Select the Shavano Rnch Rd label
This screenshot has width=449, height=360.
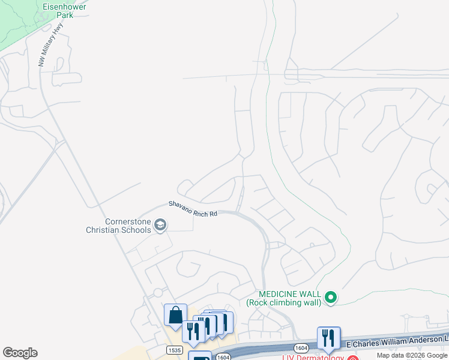coord(192,208)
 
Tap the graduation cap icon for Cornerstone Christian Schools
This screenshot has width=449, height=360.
coord(160,225)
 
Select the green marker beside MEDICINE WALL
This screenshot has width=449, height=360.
coord(330,296)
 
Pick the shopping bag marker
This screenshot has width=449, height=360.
coord(175,315)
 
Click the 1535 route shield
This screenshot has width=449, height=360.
coord(172,348)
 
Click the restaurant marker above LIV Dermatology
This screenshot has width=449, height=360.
coord(328,338)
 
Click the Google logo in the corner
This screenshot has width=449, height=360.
coord(20,353)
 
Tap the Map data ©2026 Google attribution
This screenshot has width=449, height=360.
coord(411,355)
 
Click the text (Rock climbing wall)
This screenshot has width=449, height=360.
coord(284,302)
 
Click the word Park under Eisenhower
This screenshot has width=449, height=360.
coord(65,15)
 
